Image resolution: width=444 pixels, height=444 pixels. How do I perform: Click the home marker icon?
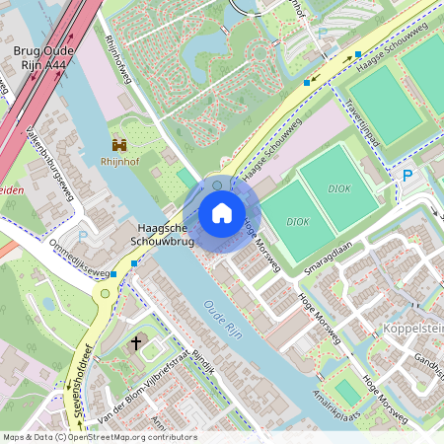click(222, 213)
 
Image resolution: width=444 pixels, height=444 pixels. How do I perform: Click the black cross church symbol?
click(136, 343)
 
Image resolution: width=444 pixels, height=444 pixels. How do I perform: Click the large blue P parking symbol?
click(407, 176)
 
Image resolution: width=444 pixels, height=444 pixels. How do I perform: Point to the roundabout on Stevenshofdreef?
click(105, 293)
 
